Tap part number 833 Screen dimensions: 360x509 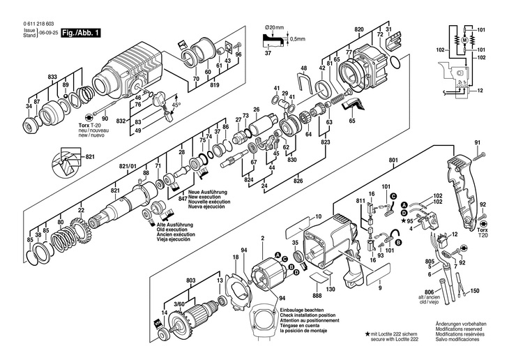coord(52,76)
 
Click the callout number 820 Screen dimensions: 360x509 coord(359,29)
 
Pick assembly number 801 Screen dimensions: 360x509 coord(393,163)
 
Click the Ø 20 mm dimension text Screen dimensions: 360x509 coord(275,28)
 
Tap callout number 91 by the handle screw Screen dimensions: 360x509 coord(478,144)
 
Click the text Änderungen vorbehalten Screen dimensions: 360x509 coord(462,324)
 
